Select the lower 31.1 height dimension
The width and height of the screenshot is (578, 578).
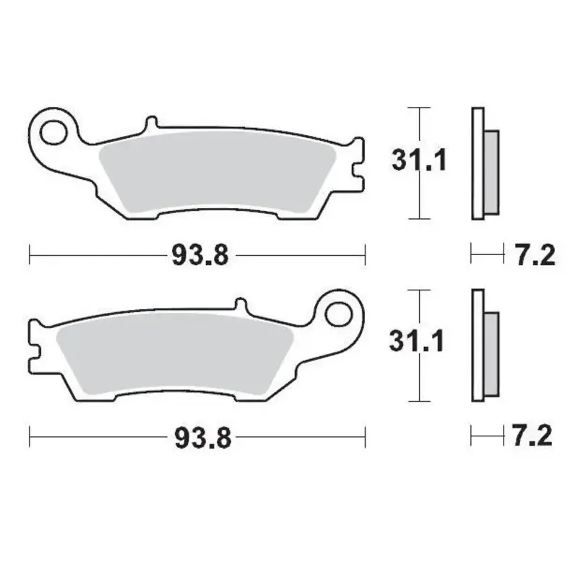417,342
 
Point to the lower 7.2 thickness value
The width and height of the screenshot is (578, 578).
532,436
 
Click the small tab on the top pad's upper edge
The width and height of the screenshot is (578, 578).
150,121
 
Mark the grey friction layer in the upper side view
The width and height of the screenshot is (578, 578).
489,172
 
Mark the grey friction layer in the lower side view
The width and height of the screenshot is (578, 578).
490,354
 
